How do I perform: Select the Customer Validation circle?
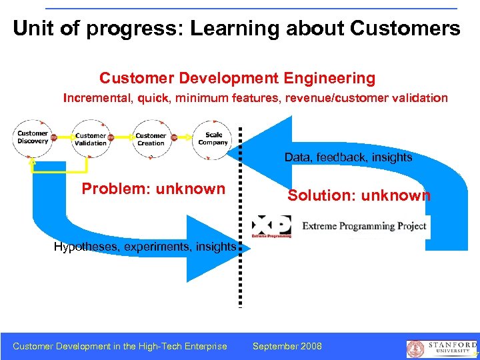pyautogui.click(x=91, y=139)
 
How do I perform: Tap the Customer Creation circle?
pyautogui.click(x=151, y=139)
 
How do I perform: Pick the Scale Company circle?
pyautogui.click(x=212, y=139)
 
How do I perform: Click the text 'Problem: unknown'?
pyautogui.click(x=153, y=189)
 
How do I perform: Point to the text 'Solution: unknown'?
pyautogui.click(x=359, y=195)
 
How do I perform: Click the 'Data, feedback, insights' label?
pyautogui.click(x=348, y=157)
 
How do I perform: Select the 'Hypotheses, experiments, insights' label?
pyautogui.click(x=145, y=247)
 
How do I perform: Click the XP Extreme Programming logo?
pyautogui.click(x=271, y=227)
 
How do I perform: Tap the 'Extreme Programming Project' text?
pyautogui.click(x=364, y=226)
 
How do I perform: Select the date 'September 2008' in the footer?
pyautogui.click(x=287, y=346)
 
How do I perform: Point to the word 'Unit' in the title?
pyautogui.click(x=32, y=28)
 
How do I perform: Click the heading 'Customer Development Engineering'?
pyautogui.click(x=237, y=78)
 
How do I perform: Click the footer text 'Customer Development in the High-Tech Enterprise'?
pyautogui.click(x=120, y=346)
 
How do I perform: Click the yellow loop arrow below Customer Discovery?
pyautogui.click(x=60, y=170)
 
